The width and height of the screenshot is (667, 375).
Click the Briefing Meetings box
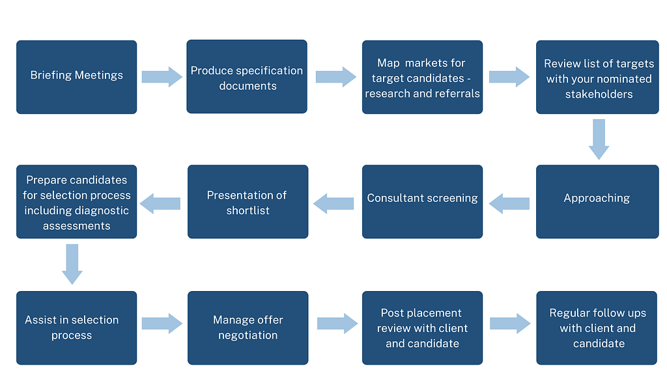76,77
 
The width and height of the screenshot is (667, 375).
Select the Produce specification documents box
247,77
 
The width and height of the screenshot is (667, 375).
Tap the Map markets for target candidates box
422,77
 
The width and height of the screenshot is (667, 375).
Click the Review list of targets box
597,77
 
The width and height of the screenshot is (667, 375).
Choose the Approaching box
597,201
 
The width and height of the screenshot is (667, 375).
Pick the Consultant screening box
422,201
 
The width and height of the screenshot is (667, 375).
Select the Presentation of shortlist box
248,201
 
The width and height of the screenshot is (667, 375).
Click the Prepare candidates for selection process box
76,201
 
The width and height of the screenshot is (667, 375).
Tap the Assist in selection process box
76,327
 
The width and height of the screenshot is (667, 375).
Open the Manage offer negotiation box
248,327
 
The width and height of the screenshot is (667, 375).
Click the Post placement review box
422,327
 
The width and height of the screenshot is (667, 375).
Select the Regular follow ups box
597,327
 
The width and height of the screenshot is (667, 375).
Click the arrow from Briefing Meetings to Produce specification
162,77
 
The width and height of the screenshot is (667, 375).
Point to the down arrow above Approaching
599,139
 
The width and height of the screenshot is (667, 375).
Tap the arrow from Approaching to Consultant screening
509,203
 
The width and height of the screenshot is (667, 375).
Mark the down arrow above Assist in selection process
72,264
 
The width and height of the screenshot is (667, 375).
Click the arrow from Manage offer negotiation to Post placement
337,324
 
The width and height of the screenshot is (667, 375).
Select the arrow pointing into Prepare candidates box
160,203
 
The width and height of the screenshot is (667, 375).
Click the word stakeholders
599,94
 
